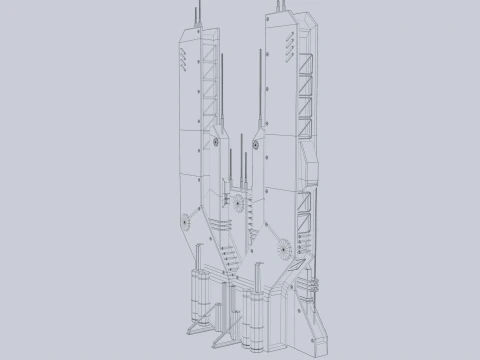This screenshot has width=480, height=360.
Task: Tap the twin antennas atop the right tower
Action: [277, 7]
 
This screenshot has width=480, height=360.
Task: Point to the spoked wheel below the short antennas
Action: [240, 207]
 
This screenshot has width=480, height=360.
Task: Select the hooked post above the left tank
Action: [208, 256]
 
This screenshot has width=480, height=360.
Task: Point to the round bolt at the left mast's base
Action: [214, 144]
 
